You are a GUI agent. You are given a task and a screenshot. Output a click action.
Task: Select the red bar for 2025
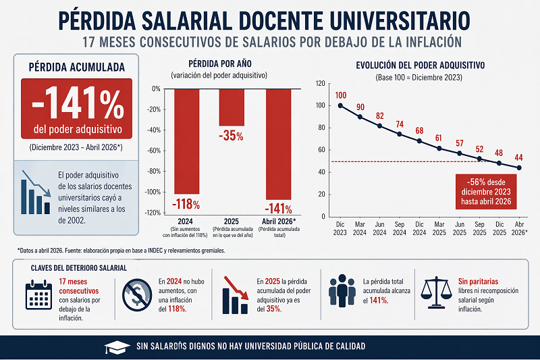232,107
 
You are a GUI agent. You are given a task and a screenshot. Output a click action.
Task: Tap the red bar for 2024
186,141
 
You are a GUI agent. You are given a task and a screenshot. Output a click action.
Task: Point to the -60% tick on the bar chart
155,151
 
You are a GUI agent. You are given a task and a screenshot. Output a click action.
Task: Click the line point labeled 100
340,105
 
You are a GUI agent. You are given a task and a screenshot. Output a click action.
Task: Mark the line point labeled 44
519,168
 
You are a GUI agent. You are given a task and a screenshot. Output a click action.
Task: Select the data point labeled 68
420,141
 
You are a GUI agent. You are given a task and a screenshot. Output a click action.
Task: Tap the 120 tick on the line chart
320,84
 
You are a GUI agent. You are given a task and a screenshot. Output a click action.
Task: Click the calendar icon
38,295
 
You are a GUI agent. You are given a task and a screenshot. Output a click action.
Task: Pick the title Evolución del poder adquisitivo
421,66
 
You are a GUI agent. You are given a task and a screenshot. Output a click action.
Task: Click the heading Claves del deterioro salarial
78,268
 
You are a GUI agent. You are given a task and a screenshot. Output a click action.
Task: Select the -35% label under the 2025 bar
231,136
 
